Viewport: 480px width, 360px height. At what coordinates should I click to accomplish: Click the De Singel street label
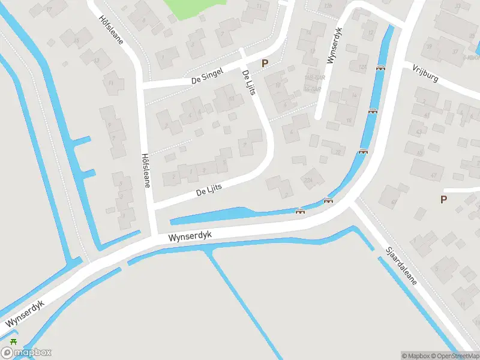pos(207,76)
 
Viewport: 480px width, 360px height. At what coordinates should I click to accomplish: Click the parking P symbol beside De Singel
pos(265,63)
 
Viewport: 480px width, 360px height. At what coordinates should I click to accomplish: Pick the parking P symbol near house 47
pos(444,200)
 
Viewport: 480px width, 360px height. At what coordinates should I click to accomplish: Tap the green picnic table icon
pos(13,341)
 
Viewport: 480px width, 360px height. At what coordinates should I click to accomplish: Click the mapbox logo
pos(26,353)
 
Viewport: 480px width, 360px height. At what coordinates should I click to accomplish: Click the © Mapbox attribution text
pos(416,356)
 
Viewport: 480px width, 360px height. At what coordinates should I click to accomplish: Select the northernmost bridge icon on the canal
pos(380,68)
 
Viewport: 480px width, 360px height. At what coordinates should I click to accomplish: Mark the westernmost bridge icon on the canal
pos(300,211)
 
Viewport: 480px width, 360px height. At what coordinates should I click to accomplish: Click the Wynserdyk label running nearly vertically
pos(334,44)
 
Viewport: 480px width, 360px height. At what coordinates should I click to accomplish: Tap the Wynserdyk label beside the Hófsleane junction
pos(191,236)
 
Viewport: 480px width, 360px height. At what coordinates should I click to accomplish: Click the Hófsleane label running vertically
pos(145,169)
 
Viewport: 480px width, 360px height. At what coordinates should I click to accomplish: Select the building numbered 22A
pos(309,179)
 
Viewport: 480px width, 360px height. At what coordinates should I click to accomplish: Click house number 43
pos(418,132)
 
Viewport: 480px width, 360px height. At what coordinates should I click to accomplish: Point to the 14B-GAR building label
pos(313,78)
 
